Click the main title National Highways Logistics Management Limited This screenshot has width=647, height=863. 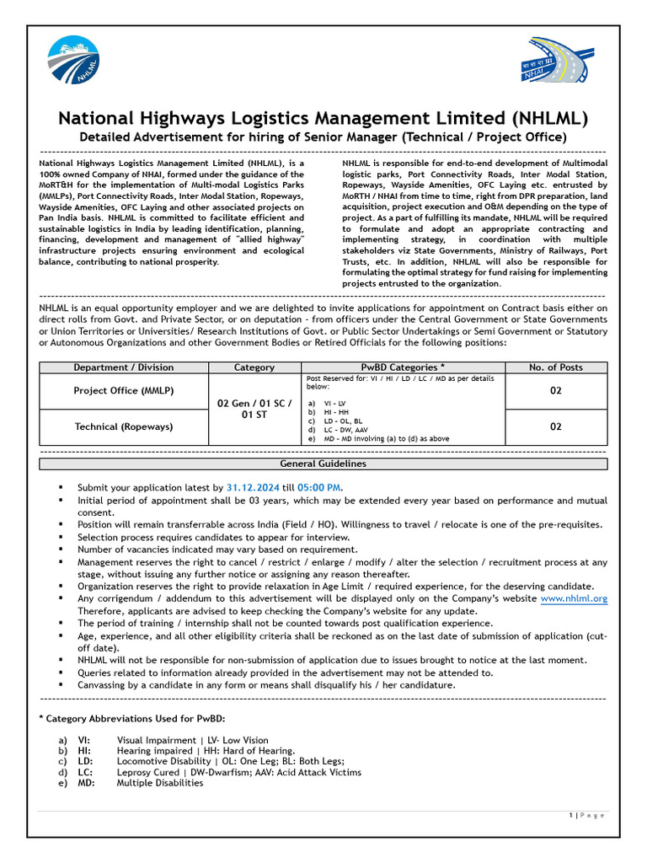pyautogui.click(x=323, y=117)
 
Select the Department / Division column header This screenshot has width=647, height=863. pyautogui.click(x=124, y=367)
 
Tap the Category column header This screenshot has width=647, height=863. pyautogui.click(x=254, y=367)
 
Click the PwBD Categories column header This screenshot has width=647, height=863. pyautogui.click(x=403, y=367)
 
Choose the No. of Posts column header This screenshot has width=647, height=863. pyautogui.click(x=555, y=367)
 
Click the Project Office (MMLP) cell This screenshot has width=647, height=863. pyautogui.click(x=124, y=391)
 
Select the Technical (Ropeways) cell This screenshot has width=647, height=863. pyautogui.click(x=124, y=426)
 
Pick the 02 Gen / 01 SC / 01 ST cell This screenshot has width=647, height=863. pyautogui.click(x=254, y=410)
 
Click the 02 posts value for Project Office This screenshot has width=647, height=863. pyautogui.click(x=555, y=391)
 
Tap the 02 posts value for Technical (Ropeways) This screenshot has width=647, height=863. pyautogui.click(x=555, y=426)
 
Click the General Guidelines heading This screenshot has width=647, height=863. pyautogui.click(x=323, y=464)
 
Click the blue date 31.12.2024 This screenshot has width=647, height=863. pyautogui.click(x=251, y=487)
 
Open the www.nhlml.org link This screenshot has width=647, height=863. pyautogui.click(x=573, y=598)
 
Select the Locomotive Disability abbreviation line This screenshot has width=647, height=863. pyautogui.click(x=230, y=761)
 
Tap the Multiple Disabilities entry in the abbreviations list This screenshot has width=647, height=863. pyautogui.click(x=160, y=783)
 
